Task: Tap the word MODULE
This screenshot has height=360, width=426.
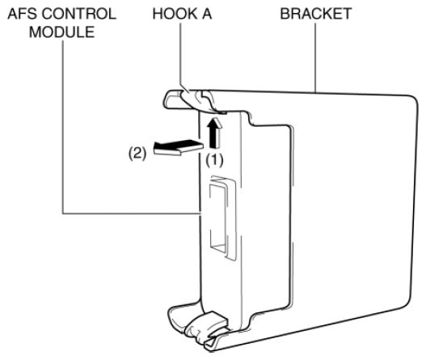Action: pyautogui.click(x=62, y=32)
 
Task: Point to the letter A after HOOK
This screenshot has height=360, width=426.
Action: pyautogui.click(x=207, y=14)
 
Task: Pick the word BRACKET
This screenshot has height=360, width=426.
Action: pyautogui.click(x=316, y=14)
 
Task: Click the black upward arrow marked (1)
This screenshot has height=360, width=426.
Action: pyautogui.click(x=215, y=133)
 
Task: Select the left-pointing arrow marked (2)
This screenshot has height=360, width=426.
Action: pyautogui.click(x=178, y=147)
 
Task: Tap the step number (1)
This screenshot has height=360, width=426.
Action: pyautogui.click(x=214, y=160)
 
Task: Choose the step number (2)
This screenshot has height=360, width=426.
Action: pyautogui.click(x=137, y=153)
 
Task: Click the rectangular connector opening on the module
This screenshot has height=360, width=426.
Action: pyautogui.click(x=218, y=218)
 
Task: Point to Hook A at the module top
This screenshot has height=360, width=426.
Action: pyautogui.click(x=200, y=101)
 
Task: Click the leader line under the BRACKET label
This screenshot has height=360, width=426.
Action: pyautogui.click(x=315, y=58)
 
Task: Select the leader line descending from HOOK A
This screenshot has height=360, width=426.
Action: pyautogui.click(x=182, y=57)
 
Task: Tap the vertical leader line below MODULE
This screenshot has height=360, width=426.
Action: pyautogui.click(x=63, y=127)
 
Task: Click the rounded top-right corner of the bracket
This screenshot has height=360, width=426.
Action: pyautogui.click(x=413, y=100)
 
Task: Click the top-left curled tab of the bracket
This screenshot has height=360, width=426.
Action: pyautogui.click(x=172, y=100)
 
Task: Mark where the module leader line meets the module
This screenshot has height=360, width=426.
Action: pyautogui.click(x=200, y=214)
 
